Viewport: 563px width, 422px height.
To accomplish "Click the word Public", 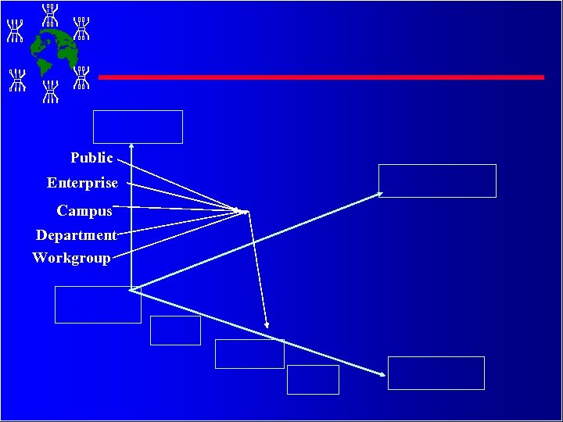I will (91, 158).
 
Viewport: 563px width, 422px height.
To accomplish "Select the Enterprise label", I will (82, 183).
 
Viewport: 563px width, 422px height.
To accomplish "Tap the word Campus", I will (84, 211).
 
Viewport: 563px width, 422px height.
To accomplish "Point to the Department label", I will (76, 235).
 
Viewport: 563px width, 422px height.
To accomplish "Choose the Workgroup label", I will (71, 258).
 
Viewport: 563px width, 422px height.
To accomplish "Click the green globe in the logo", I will (56, 49).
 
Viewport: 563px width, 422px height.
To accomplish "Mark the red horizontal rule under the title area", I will (321, 77).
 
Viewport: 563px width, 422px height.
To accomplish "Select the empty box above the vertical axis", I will (138, 127).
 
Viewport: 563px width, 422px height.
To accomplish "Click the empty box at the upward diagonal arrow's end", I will (437, 181).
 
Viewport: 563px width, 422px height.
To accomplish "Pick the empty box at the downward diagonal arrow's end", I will (436, 373).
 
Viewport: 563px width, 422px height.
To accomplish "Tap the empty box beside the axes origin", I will (98, 305).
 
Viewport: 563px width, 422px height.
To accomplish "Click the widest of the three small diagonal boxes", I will (249, 354).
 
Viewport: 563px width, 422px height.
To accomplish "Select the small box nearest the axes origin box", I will (175, 331).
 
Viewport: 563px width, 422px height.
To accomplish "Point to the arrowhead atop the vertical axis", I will (132, 146).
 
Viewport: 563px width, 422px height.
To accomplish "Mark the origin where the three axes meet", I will (132, 290).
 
